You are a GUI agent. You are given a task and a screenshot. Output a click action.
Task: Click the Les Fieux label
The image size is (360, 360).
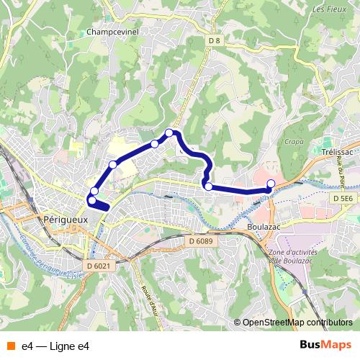(x=329, y=9)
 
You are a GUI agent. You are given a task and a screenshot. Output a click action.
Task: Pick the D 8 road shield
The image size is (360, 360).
(x=214, y=41)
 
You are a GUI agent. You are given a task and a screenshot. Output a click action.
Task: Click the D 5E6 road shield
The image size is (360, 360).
(x=343, y=197)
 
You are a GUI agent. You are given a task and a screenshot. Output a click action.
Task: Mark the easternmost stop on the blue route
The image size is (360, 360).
(x=271, y=184)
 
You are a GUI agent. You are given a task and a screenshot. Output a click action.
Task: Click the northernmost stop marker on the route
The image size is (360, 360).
(x=169, y=132)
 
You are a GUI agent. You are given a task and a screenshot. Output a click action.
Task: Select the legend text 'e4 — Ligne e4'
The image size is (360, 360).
(x=55, y=346)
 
